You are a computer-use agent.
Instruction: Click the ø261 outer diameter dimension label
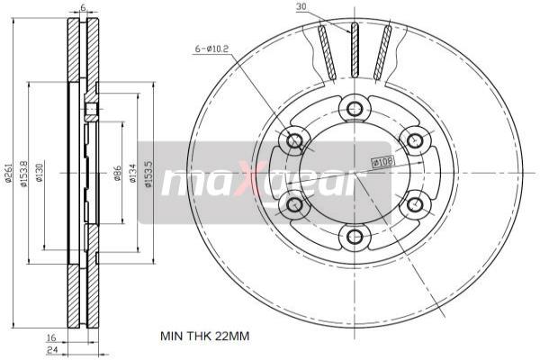tap(8, 174)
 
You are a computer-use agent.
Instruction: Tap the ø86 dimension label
tap(117, 174)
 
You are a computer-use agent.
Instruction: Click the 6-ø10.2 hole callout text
tap(213, 49)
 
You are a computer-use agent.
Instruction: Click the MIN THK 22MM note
tap(203, 336)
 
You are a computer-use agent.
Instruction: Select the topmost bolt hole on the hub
tap(355, 109)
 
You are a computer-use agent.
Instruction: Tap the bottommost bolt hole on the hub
tap(355, 237)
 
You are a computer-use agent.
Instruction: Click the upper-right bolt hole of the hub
tap(414, 140)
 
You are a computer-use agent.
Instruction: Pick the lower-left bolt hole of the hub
tap(293, 205)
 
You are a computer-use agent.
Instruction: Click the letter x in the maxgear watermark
tap(254, 183)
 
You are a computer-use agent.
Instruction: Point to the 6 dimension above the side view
tap(83, 8)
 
